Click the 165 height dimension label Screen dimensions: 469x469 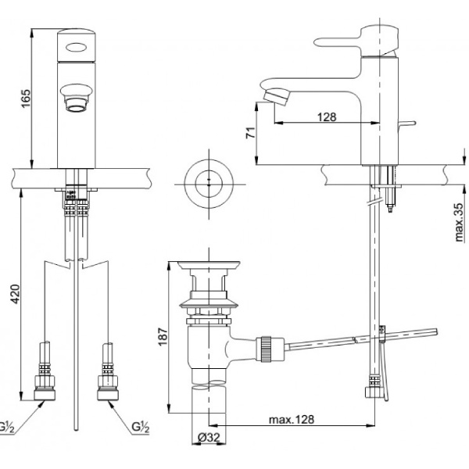point(23,99)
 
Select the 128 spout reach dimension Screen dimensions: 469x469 point(327,116)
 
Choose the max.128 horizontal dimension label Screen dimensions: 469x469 point(293,420)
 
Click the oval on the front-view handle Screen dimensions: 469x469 point(76,47)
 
